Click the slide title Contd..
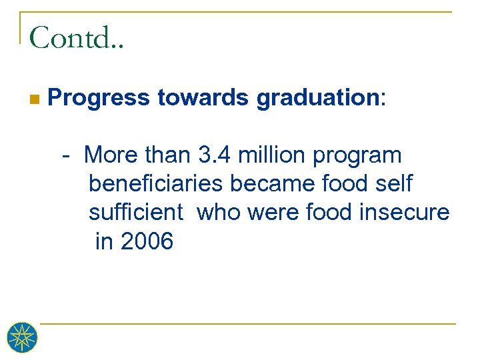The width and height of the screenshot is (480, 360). point(76,38)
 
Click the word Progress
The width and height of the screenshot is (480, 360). point(99,98)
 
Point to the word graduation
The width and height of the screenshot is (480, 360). point(317,98)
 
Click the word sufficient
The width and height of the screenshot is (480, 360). point(136,212)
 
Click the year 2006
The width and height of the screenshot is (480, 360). point(147,241)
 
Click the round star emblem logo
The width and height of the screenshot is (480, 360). point(21,338)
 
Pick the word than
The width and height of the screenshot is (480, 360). point(167,155)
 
